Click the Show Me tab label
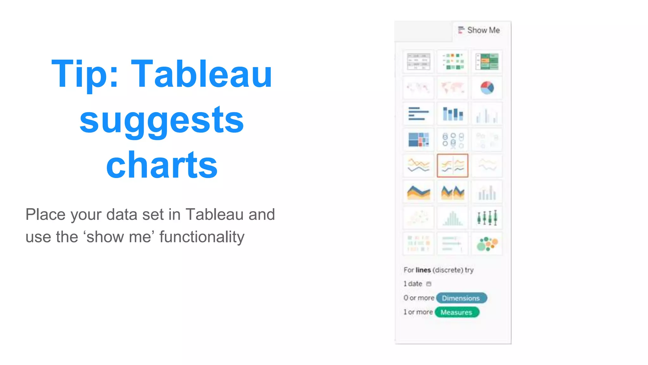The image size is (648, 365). (483, 30)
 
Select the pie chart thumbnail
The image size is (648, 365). (487, 87)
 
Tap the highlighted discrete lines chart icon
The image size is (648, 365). (452, 165)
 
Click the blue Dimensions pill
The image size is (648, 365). (461, 298)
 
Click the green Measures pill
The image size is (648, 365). (457, 312)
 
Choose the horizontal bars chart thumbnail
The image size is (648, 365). (418, 114)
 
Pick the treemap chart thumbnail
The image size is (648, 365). (418, 140)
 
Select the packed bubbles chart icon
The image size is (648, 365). (487, 244)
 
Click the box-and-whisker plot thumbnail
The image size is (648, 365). (487, 218)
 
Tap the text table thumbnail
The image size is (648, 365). (418, 61)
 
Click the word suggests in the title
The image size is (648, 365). (162, 120)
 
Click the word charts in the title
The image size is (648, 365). (162, 165)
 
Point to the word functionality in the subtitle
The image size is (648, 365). (202, 237)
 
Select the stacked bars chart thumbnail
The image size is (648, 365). (452, 114)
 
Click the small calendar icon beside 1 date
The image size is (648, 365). (429, 284)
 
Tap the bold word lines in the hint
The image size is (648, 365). (423, 270)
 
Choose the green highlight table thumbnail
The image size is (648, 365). (487, 61)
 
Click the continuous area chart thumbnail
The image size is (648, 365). (418, 192)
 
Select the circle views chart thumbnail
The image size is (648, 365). (452, 140)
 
